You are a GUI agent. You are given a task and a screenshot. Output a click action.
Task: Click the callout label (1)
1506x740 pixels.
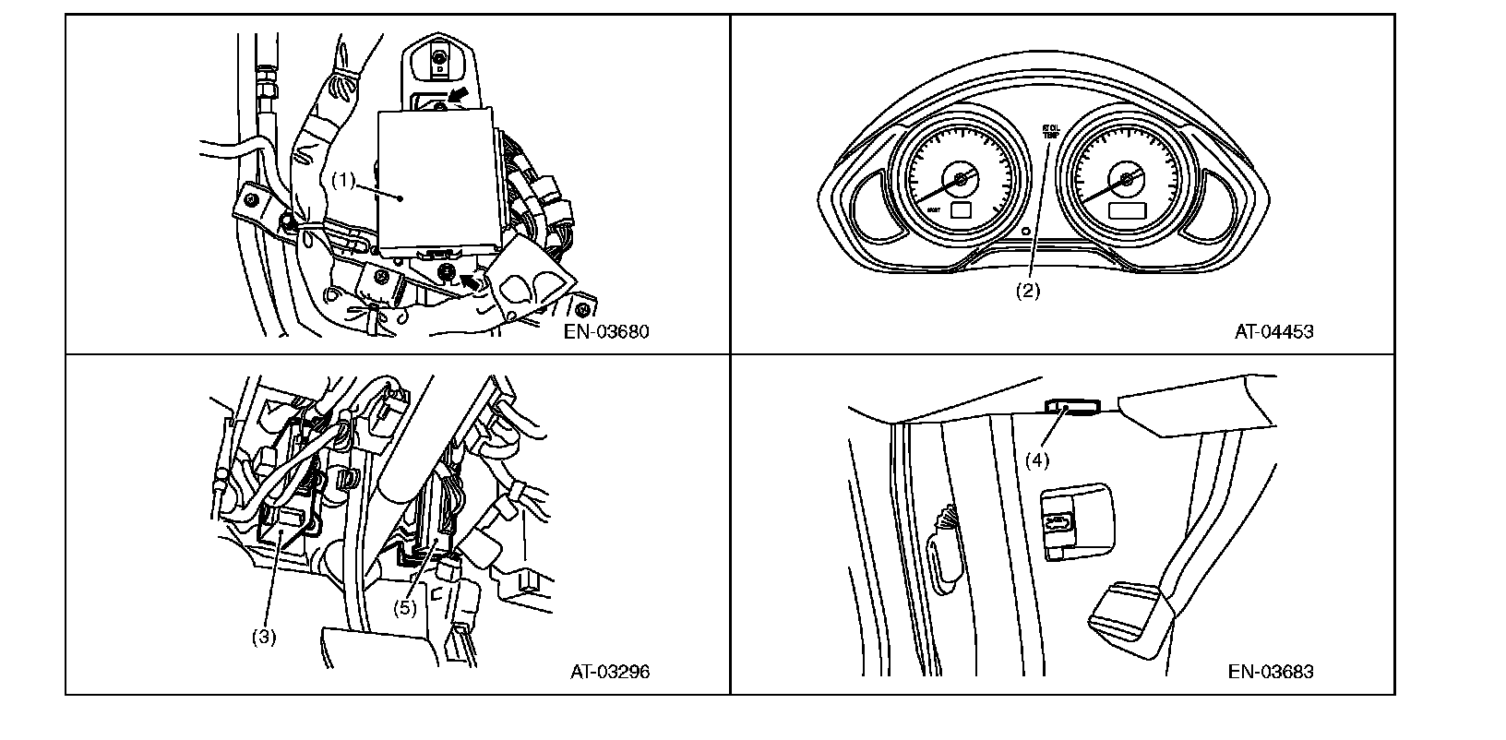tap(344, 180)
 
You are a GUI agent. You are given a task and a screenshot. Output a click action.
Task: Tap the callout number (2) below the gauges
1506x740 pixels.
tap(1028, 290)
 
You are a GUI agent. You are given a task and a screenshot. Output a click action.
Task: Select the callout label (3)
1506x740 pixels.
tap(264, 636)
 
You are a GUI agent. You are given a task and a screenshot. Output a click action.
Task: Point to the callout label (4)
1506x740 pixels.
tap(1038, 459)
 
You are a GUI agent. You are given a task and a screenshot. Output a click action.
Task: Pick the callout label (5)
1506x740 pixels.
tap(405, 608)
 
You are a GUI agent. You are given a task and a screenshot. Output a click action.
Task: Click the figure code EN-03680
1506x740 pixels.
tap(606, 332)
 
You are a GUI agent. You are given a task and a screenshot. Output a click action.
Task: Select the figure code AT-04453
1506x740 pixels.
tap(1273, 332)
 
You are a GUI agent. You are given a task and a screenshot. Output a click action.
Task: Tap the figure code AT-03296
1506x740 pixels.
tap(609, 672)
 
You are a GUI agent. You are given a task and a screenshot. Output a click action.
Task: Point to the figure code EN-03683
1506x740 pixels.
tap(1270, 672)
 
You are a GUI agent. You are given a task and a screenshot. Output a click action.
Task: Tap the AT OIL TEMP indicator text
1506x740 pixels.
tap(1051, 131)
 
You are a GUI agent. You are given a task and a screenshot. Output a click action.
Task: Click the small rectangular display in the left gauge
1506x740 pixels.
tap(961, 211)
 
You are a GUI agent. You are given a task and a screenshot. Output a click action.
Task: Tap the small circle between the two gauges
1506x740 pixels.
tap(1025, 231)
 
